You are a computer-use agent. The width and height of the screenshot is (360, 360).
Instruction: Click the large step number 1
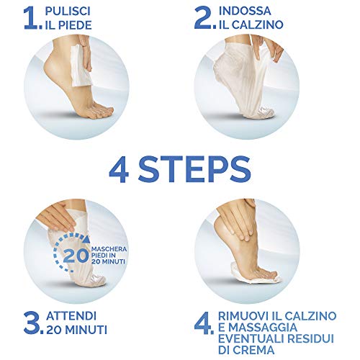pos(31,19)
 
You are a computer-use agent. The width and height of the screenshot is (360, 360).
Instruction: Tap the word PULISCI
pos(68,12)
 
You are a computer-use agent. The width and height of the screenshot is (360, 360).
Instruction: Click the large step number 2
pos(204,18)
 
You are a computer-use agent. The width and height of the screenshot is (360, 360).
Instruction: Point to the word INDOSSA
pos(245,11)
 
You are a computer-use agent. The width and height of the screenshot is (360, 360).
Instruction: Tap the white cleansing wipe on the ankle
pos(81,66)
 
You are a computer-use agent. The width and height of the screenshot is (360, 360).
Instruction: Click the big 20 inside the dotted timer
pos(76,256)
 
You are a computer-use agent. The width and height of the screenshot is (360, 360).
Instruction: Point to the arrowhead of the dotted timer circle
pos(87,238)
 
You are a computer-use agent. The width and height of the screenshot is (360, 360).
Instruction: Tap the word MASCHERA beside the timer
pos(109,249)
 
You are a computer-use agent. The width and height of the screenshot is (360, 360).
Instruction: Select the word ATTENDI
pos(71,316)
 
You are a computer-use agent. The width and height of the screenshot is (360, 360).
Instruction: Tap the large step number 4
pos(203,323)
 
